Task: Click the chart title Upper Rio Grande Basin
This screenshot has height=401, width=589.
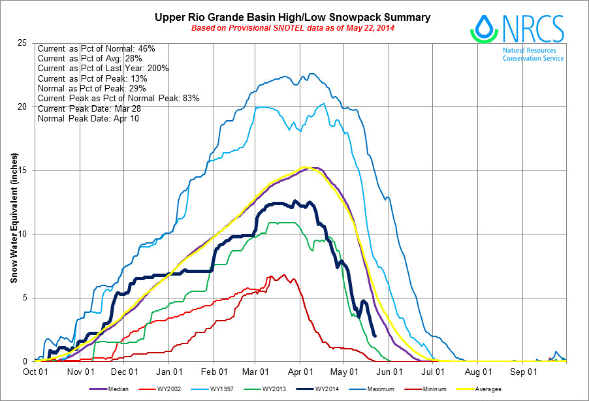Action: [293, 17]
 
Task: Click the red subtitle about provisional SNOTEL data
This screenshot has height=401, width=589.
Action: [293, 28]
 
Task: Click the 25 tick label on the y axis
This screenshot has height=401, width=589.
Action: [23, 43]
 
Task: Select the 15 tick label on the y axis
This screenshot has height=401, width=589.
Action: [23, 170]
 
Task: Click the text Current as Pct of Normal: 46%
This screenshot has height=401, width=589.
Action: [96, 48]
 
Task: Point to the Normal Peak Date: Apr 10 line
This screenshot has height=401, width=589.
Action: [88, 119]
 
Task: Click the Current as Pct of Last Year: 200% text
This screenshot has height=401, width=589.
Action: [103, 69]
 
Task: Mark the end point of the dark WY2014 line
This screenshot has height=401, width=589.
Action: [374, 336]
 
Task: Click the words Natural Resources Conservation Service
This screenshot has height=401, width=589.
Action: [533, 54]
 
